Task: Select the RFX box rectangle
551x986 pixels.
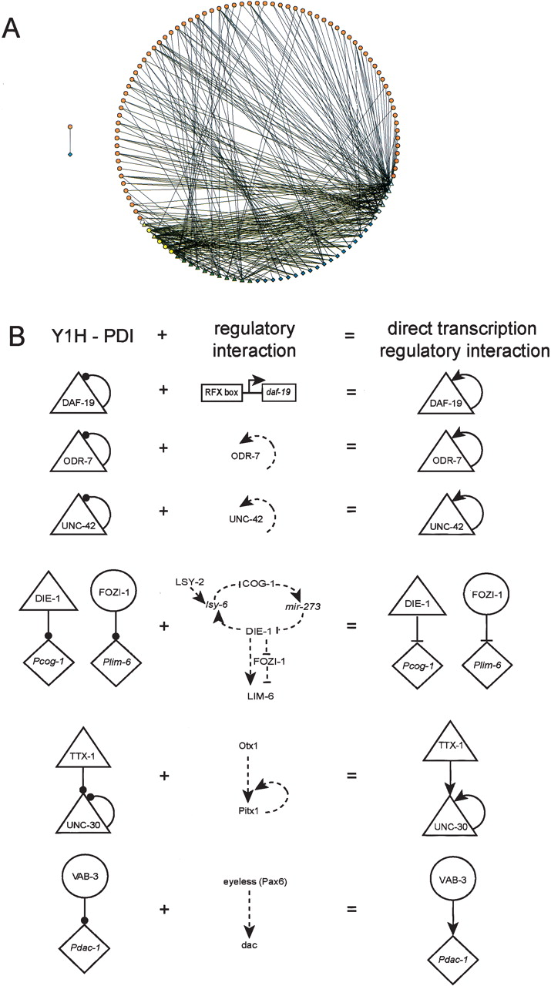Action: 220,391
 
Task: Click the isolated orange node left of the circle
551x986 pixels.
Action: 70,126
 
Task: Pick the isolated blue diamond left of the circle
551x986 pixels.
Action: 70,155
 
